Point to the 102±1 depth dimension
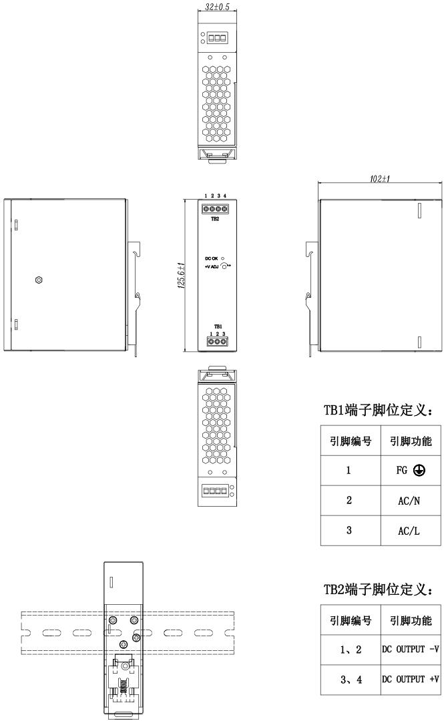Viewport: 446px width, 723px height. tap(379, 180)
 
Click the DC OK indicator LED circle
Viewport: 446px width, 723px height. tap(223, 258)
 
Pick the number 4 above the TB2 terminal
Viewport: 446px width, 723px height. tap(225, 196)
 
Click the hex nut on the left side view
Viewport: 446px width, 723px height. tap(38, 279)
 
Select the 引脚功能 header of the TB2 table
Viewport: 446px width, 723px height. tap(409, 621)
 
